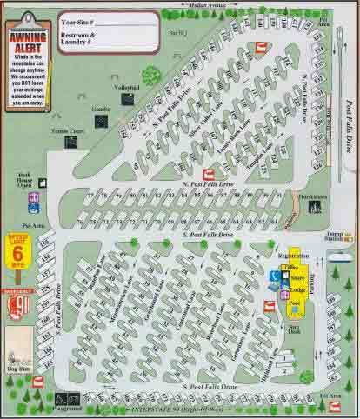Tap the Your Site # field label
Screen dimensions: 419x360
tap(82, 17)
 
